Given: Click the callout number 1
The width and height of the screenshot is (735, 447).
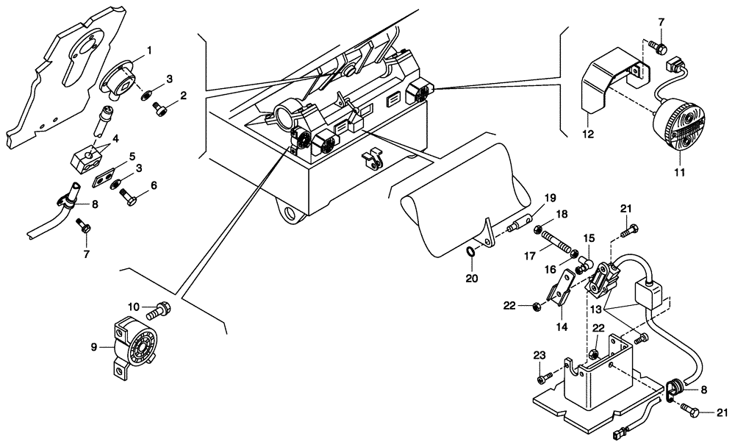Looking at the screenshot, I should [148, 51].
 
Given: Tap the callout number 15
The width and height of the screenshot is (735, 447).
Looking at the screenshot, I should [588, 238].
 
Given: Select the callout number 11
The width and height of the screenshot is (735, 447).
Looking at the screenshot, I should [679, 172].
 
